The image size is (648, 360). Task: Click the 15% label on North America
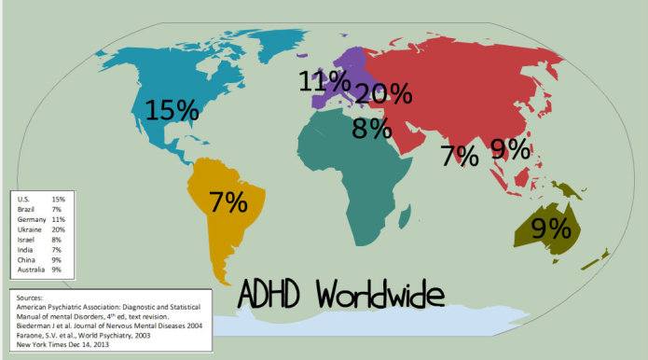coord(172,109)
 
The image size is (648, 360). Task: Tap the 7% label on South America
coord(227,201)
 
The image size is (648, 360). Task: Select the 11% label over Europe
coord(324,81)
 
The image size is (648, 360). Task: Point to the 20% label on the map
coord(383,93)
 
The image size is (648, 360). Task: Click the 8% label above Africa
coord(371,128)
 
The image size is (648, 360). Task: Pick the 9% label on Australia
coord(550,227)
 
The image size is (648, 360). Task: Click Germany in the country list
coord(30,219)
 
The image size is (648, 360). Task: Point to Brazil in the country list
coord(25,209)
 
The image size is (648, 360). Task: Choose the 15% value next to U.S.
coord(58,199)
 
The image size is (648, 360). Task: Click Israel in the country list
coord(25,240)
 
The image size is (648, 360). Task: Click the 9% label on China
coord(511,147)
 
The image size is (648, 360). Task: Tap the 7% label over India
coord(461,155)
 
